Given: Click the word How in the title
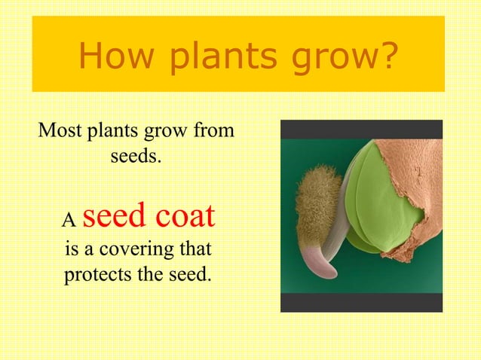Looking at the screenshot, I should coord(112,54).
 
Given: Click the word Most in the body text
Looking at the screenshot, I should coord(60,131).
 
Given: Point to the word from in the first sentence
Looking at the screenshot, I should coord(214,131).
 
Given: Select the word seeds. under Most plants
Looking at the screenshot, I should coord(136,158).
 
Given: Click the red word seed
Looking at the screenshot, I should coord(114,217).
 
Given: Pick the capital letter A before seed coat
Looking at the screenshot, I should coord(69,221).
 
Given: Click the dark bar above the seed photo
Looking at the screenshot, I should coord(361,129).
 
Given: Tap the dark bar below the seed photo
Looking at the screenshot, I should coord(361,302).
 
